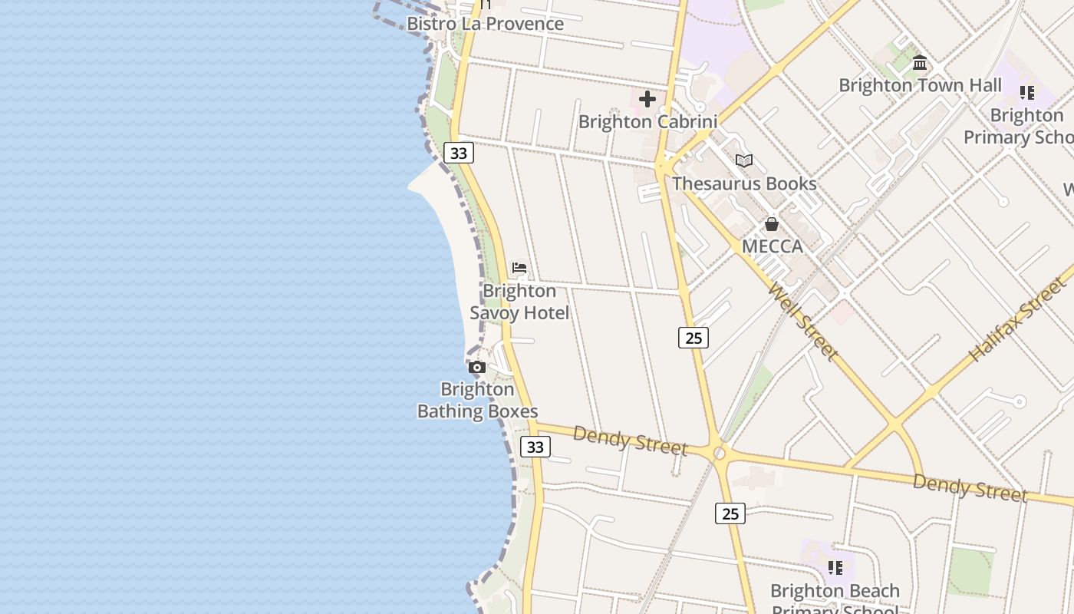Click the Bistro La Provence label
pyautogui.click(x=485, y=24)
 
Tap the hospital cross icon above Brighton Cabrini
pyautogui.click(x=647, y=99)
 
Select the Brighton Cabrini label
pyautogui.click(x=647, y=122)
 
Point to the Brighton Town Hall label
pyautogui.click(x=920, y=85)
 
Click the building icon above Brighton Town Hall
pyautogui.click(x=920, y=63)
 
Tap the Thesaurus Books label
pyautogui.click(x=744, y=184)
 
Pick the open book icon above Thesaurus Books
pyautogui.click(x=743, y=161)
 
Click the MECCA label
pyautogui.click(x=772, y=246)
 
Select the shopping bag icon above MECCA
pyautogui.click(x=772, y=224)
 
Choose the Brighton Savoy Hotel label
pyautogui.click(x=519, y=302)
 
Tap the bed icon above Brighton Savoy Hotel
pyautogui.click(x=519, y=269)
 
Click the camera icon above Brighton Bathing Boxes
pyautogui.click(x=477, y=368)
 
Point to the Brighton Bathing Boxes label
pyautogui.click(x=477, y=401)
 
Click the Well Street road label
pyautogui.click(x=802, y=322)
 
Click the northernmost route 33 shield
pyautogui.click(x=459, y=153)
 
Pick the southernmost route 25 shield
pyautogui.click(x=730, y=513)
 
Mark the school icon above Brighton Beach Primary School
pyautogui.click(x=835, y=568)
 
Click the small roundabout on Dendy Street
pyautogui.click(x=719, y=454)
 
